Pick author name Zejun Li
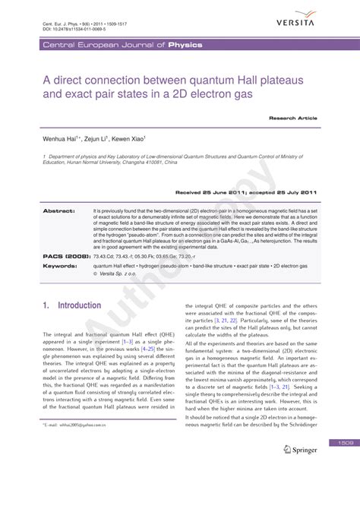click(100, 141)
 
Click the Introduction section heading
click(79, 305)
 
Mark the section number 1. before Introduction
click(46, 305)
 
